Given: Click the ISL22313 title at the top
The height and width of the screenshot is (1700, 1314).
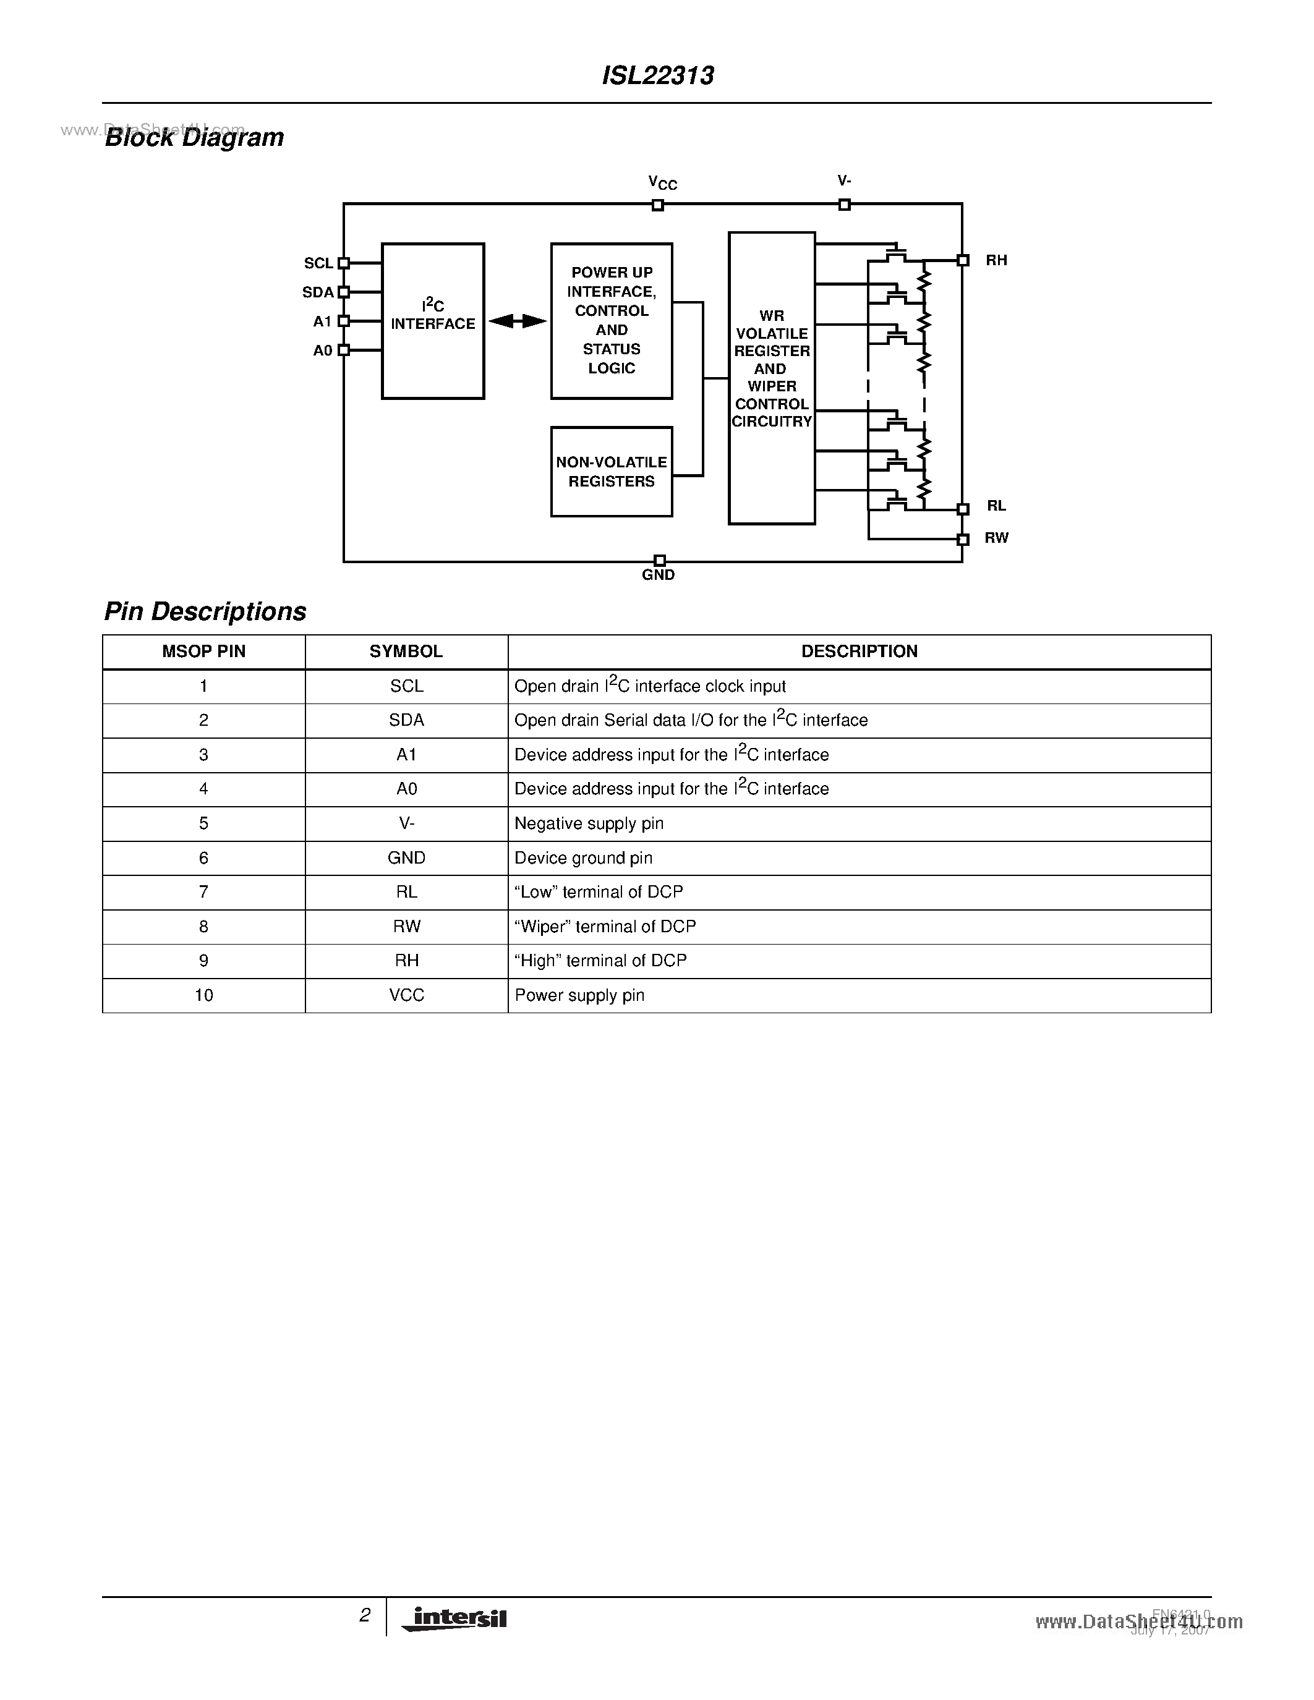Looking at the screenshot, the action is point(658,75).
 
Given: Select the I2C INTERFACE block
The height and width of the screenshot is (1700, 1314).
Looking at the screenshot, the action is point(433,321).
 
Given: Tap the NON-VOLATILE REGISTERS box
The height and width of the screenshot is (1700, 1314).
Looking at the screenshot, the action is point(611,472).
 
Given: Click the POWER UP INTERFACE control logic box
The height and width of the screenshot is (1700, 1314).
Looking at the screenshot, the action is point(611,321).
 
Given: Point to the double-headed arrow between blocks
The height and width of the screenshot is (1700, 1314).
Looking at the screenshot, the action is point(518,321).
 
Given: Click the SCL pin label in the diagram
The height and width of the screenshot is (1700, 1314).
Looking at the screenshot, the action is point(318,264).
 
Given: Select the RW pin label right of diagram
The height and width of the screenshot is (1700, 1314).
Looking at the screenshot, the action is point(996,538).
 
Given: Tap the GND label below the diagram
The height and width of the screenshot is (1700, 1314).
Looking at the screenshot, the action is point(658,576).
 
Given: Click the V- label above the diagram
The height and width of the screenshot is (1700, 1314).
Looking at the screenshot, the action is point(844,181).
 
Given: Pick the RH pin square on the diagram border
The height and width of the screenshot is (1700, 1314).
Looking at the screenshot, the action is point(963,261).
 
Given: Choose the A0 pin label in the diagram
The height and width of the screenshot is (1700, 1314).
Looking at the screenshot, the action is point(322,351).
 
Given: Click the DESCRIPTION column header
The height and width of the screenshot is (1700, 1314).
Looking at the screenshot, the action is point(860,652).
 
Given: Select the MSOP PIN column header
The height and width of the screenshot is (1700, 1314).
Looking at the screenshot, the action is point(204,652).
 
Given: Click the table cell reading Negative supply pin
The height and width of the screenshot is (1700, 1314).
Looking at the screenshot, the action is point(589,823).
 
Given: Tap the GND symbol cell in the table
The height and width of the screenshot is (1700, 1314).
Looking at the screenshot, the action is point(406,858).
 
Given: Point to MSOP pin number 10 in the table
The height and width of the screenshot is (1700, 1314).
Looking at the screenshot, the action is point(204,995).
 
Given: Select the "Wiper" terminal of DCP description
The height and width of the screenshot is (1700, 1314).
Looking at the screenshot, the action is point(605,926).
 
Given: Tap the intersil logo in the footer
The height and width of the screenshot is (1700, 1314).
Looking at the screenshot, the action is point(455,1619).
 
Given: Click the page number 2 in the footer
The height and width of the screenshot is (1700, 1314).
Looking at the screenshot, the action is point(364,1616).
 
